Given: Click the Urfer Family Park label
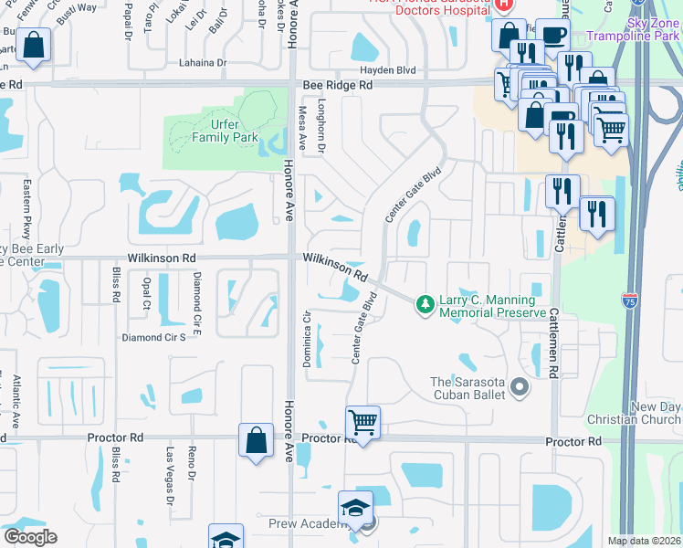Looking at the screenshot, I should click(x=221, y=132).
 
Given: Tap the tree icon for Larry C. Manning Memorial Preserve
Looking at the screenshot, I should click(x=424, y=302).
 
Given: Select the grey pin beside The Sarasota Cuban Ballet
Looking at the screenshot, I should click(x=520, y=388).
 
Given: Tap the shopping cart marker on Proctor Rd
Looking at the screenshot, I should click(x=363, y=423).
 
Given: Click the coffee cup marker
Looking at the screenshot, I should click(x=552, y=35).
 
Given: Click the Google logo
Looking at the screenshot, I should click(x=29, y=537).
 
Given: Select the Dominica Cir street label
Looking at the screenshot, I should click(x=308, y=341).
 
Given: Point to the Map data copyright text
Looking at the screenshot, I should click(x=643, y=541).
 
